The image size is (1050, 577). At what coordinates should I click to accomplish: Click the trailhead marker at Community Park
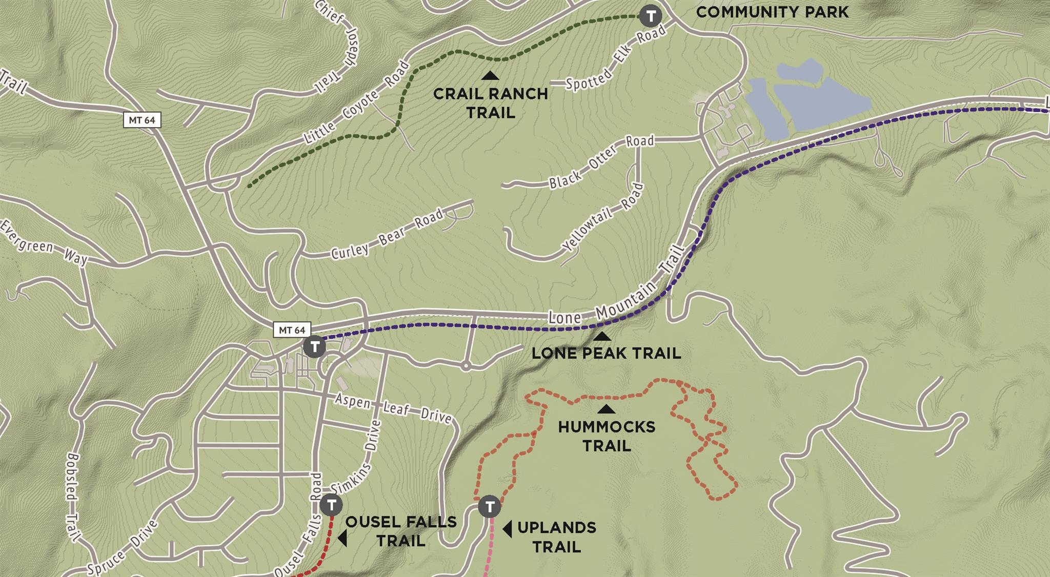651,16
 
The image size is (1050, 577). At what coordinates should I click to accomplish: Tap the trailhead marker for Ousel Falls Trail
331,505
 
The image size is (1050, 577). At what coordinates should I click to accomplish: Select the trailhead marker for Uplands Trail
490,507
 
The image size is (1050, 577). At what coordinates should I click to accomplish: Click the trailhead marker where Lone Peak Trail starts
314,347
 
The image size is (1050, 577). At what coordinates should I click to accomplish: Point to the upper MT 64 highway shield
142,120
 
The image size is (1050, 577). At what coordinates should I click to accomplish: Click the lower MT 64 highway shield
292,330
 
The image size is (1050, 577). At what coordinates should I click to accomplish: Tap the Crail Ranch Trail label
491,103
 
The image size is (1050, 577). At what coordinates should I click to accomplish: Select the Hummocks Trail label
607,436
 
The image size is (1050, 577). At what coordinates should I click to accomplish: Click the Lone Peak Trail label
606,353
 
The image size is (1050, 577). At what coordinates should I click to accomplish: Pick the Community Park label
772,12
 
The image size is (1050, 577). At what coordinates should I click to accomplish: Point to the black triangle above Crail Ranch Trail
491,76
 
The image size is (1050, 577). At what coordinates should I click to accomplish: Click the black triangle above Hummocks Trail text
607,409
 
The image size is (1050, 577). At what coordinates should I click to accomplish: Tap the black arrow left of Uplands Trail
507,529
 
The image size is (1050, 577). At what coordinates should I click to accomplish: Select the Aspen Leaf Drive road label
393,408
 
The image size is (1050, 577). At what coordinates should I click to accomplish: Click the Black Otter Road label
601,161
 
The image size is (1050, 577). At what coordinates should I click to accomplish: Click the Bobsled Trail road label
72,497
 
